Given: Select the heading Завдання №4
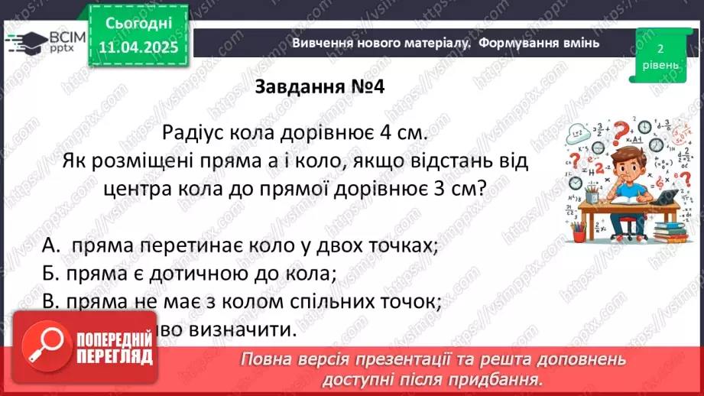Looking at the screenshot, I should [319, 86].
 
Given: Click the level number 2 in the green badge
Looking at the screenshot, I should [660, 48].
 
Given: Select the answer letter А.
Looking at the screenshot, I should [50, 246].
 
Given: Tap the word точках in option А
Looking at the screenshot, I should [404, 246].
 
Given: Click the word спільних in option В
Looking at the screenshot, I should [308, 302].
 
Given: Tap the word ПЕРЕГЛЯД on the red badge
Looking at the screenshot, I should [112, 356].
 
